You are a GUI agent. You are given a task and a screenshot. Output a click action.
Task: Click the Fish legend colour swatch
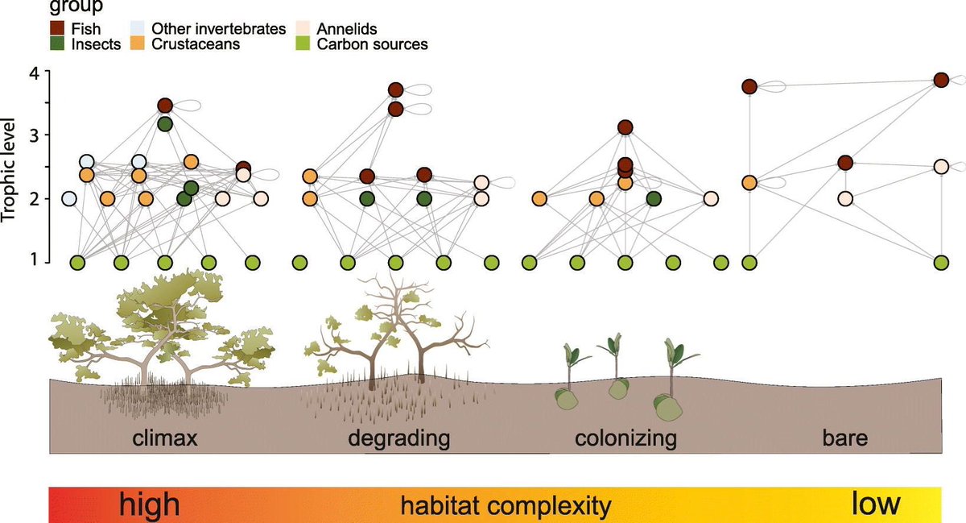click(x=56, y=29)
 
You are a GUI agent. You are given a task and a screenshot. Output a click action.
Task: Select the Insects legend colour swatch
click(x=56, y=44)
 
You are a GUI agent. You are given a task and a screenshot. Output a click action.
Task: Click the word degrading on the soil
click(x=398, y=440)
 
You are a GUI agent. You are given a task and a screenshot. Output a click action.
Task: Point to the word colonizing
click(x=625, y=440)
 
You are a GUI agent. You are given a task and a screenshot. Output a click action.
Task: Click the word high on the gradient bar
click(x=148, y=504)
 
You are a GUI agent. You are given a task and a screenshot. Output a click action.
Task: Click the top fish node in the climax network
click(x=165, y=106)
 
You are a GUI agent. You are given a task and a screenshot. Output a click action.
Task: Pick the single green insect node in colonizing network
click(x=654, y=198)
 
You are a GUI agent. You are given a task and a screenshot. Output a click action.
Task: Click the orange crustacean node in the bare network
click(x=749, y=183)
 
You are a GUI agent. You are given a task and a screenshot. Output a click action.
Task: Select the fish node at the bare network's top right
click(x=941, y=80)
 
